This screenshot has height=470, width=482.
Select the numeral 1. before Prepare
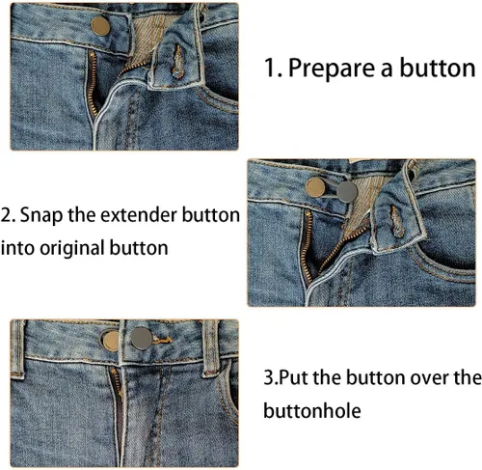click(275, 69)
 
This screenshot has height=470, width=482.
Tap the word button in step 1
click(442, 69)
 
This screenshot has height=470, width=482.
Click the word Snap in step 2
click(42, 214)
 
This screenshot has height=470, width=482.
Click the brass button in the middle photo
click(316, 189)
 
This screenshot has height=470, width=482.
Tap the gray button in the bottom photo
click(143, 337)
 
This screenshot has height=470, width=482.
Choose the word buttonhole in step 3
click(311, 411)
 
